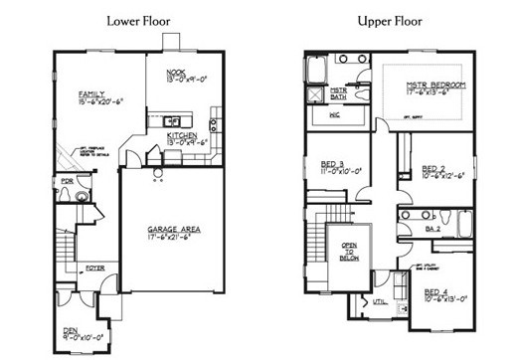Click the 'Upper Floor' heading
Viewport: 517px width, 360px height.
394,20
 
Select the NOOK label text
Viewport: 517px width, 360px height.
176,70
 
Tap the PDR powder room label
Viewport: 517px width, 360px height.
67,181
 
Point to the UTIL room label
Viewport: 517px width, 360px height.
379,300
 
